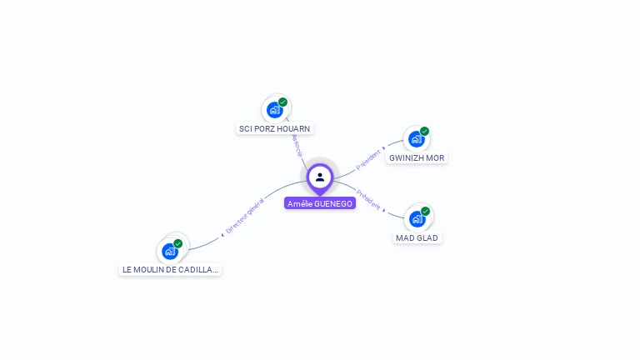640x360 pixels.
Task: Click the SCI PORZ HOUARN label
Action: pyautogui.click(x=274, y=129)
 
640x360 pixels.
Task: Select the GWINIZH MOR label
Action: pyautogui.click(x=417, y=157)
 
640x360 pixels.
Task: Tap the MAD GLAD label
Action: pyautogui.click(x=417, y=237)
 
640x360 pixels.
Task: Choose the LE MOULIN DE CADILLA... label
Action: pyautogui.click(x=170, y=269)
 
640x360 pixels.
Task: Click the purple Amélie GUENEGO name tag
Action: pyautogui.click(x=320, y=203)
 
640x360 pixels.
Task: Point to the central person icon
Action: pyautogui.click(x=320, y=177)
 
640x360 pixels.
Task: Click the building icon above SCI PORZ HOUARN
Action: pyautogui.click(x=274, y=109)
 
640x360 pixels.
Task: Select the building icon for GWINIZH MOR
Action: pyautogui.click(x=416, y=139)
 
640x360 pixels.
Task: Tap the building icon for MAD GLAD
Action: pyautogui.click(x=417, y=218)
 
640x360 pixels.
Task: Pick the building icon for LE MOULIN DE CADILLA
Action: pyautogui.click(x=170, y=251)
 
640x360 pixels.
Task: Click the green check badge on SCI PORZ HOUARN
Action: pyautogui.click(x=283, y=102)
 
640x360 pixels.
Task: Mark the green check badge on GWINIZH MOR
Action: pyautogui.click(x=425, y=131)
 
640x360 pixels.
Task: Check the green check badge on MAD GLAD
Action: pyautogui.click(x=426, y=211)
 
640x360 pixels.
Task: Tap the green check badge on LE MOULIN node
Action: pyautogui.click(x=178, y=243)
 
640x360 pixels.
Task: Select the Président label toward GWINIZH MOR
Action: pyautogui.click(x=369, y=158)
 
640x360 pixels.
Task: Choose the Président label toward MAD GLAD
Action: pyautogui.click(x=369, y=201)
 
